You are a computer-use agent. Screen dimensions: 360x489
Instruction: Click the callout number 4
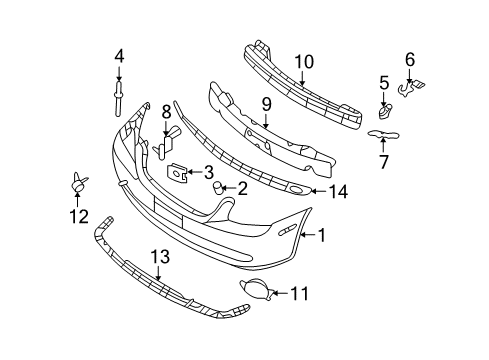click(x=119, y=56)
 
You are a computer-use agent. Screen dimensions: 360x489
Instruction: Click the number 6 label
click(x=409, y=60)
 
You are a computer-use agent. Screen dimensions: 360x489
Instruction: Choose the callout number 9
click(x=267, y=102)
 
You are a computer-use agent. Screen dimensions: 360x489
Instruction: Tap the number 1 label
click(x=321, y=236)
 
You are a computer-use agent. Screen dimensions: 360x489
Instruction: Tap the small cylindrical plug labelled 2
click(x=215, y=187)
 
